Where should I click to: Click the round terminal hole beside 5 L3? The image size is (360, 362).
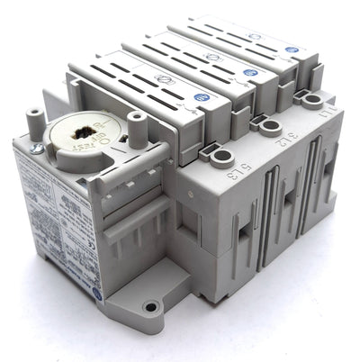[x=220, y=158]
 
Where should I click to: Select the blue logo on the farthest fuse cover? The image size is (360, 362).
[x=291, y=51]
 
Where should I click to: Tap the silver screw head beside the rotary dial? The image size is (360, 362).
[x=35, y=147]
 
